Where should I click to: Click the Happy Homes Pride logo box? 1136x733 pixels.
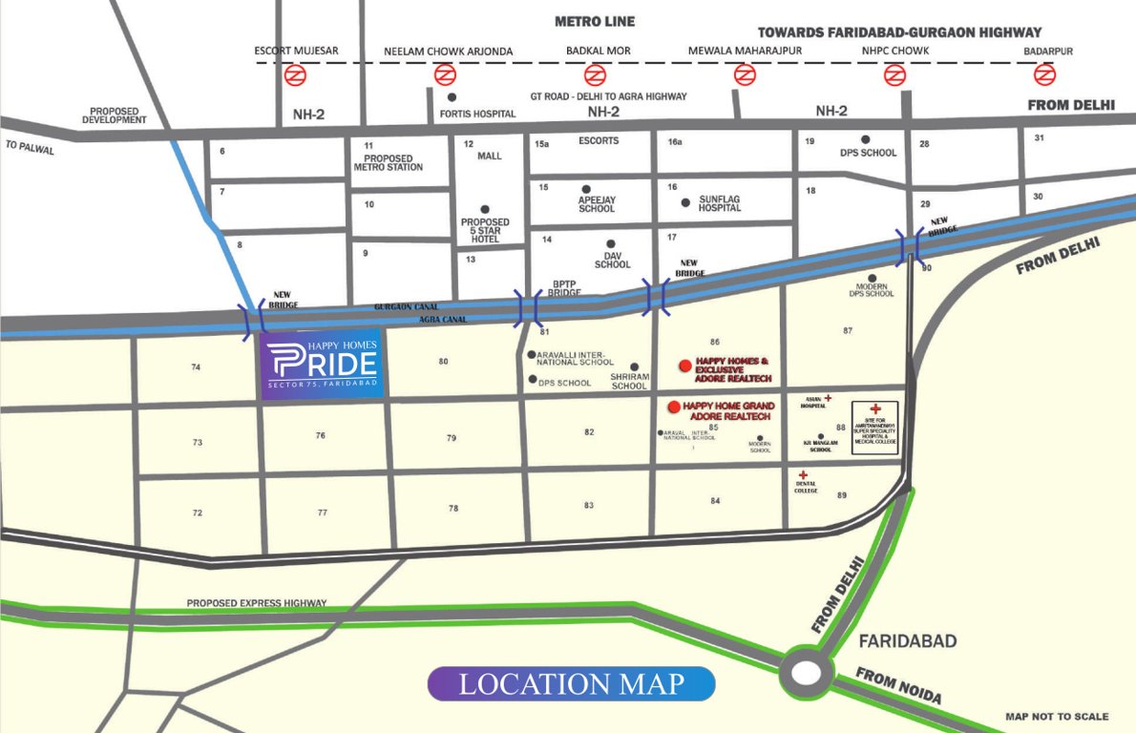pyautogui.click(x=324, y=367)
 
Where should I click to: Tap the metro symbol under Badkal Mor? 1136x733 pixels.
pyautogui.click(x=595, y=74)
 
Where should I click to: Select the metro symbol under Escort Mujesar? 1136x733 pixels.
pyautogui.click(x=295, y=74)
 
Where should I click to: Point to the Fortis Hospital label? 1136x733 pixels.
pyautogui.click(x=477, y=114)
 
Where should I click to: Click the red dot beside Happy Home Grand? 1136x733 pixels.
pyautogui.click(x=674, y=408)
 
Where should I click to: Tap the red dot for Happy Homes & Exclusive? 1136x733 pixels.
pyautogui.click(x=684, y=365)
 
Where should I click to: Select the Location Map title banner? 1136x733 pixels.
pyautogui.click(x=571, y=684)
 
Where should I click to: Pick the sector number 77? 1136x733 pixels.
pyautogui.click(x=323, y=513)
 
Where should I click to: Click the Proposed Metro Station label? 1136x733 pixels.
pyautogui.click(x=388, y=162)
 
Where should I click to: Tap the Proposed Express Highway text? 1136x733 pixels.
pyautogui.click(x=256, y=603)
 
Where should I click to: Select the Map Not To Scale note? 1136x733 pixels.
pyautogui.click(x=1057, y=717)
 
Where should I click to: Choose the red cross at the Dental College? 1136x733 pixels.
pyautogui.click(x=803, y=475)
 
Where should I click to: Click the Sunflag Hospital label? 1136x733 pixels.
pyautogui.click(x=720, y=203)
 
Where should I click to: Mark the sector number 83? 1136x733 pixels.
pyautogui.click(x=589, y=505)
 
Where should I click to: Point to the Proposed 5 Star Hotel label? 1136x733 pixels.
pyautogui.click(x=485, y=230)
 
